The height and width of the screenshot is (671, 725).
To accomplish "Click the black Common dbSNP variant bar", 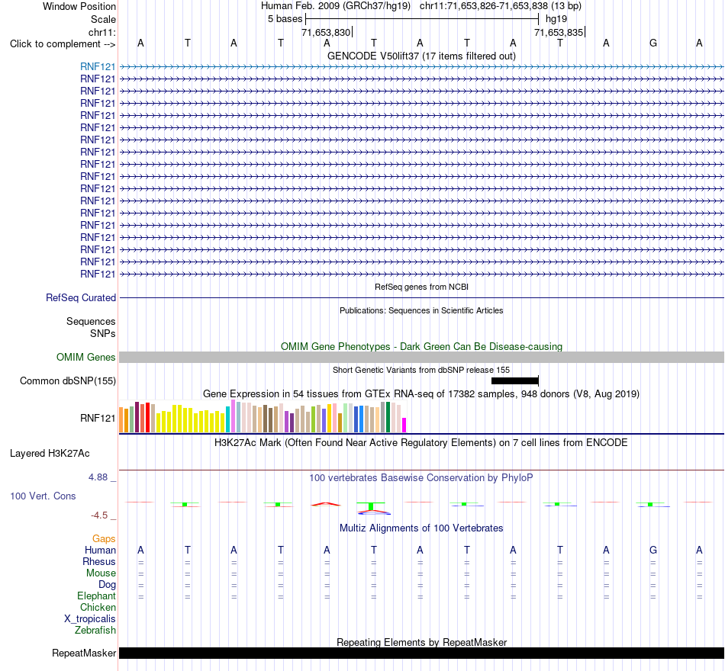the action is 514,380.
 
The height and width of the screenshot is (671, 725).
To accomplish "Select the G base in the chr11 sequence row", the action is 652,43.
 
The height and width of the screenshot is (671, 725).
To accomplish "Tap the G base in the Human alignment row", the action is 652,550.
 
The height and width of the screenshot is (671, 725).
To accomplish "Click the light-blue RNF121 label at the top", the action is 98,66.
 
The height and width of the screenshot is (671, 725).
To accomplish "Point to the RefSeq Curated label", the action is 81,297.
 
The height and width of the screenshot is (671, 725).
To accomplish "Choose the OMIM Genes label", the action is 86,357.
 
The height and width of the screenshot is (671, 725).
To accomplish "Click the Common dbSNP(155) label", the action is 68,380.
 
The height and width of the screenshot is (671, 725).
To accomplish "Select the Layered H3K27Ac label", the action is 50,454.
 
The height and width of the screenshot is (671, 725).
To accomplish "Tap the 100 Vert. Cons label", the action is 43,496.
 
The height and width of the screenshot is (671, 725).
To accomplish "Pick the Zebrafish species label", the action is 95,630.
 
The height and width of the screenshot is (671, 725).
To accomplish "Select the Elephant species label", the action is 97,596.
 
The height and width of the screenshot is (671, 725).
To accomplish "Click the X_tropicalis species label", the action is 90,619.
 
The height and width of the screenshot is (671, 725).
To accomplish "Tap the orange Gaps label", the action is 104,538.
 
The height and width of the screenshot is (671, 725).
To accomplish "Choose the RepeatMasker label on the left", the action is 84,653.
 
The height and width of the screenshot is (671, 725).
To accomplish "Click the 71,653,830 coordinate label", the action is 326,32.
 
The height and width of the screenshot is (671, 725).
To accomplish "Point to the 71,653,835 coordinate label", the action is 559,32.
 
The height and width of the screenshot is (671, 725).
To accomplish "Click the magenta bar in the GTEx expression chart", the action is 404,425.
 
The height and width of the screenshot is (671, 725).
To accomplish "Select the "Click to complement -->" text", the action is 63,44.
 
